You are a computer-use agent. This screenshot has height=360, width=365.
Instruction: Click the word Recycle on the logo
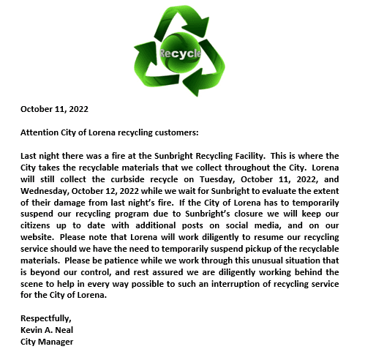[181, 54]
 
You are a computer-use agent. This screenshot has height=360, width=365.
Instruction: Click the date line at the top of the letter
[54, 109]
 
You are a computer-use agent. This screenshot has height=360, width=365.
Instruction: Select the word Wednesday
[46, 191]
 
